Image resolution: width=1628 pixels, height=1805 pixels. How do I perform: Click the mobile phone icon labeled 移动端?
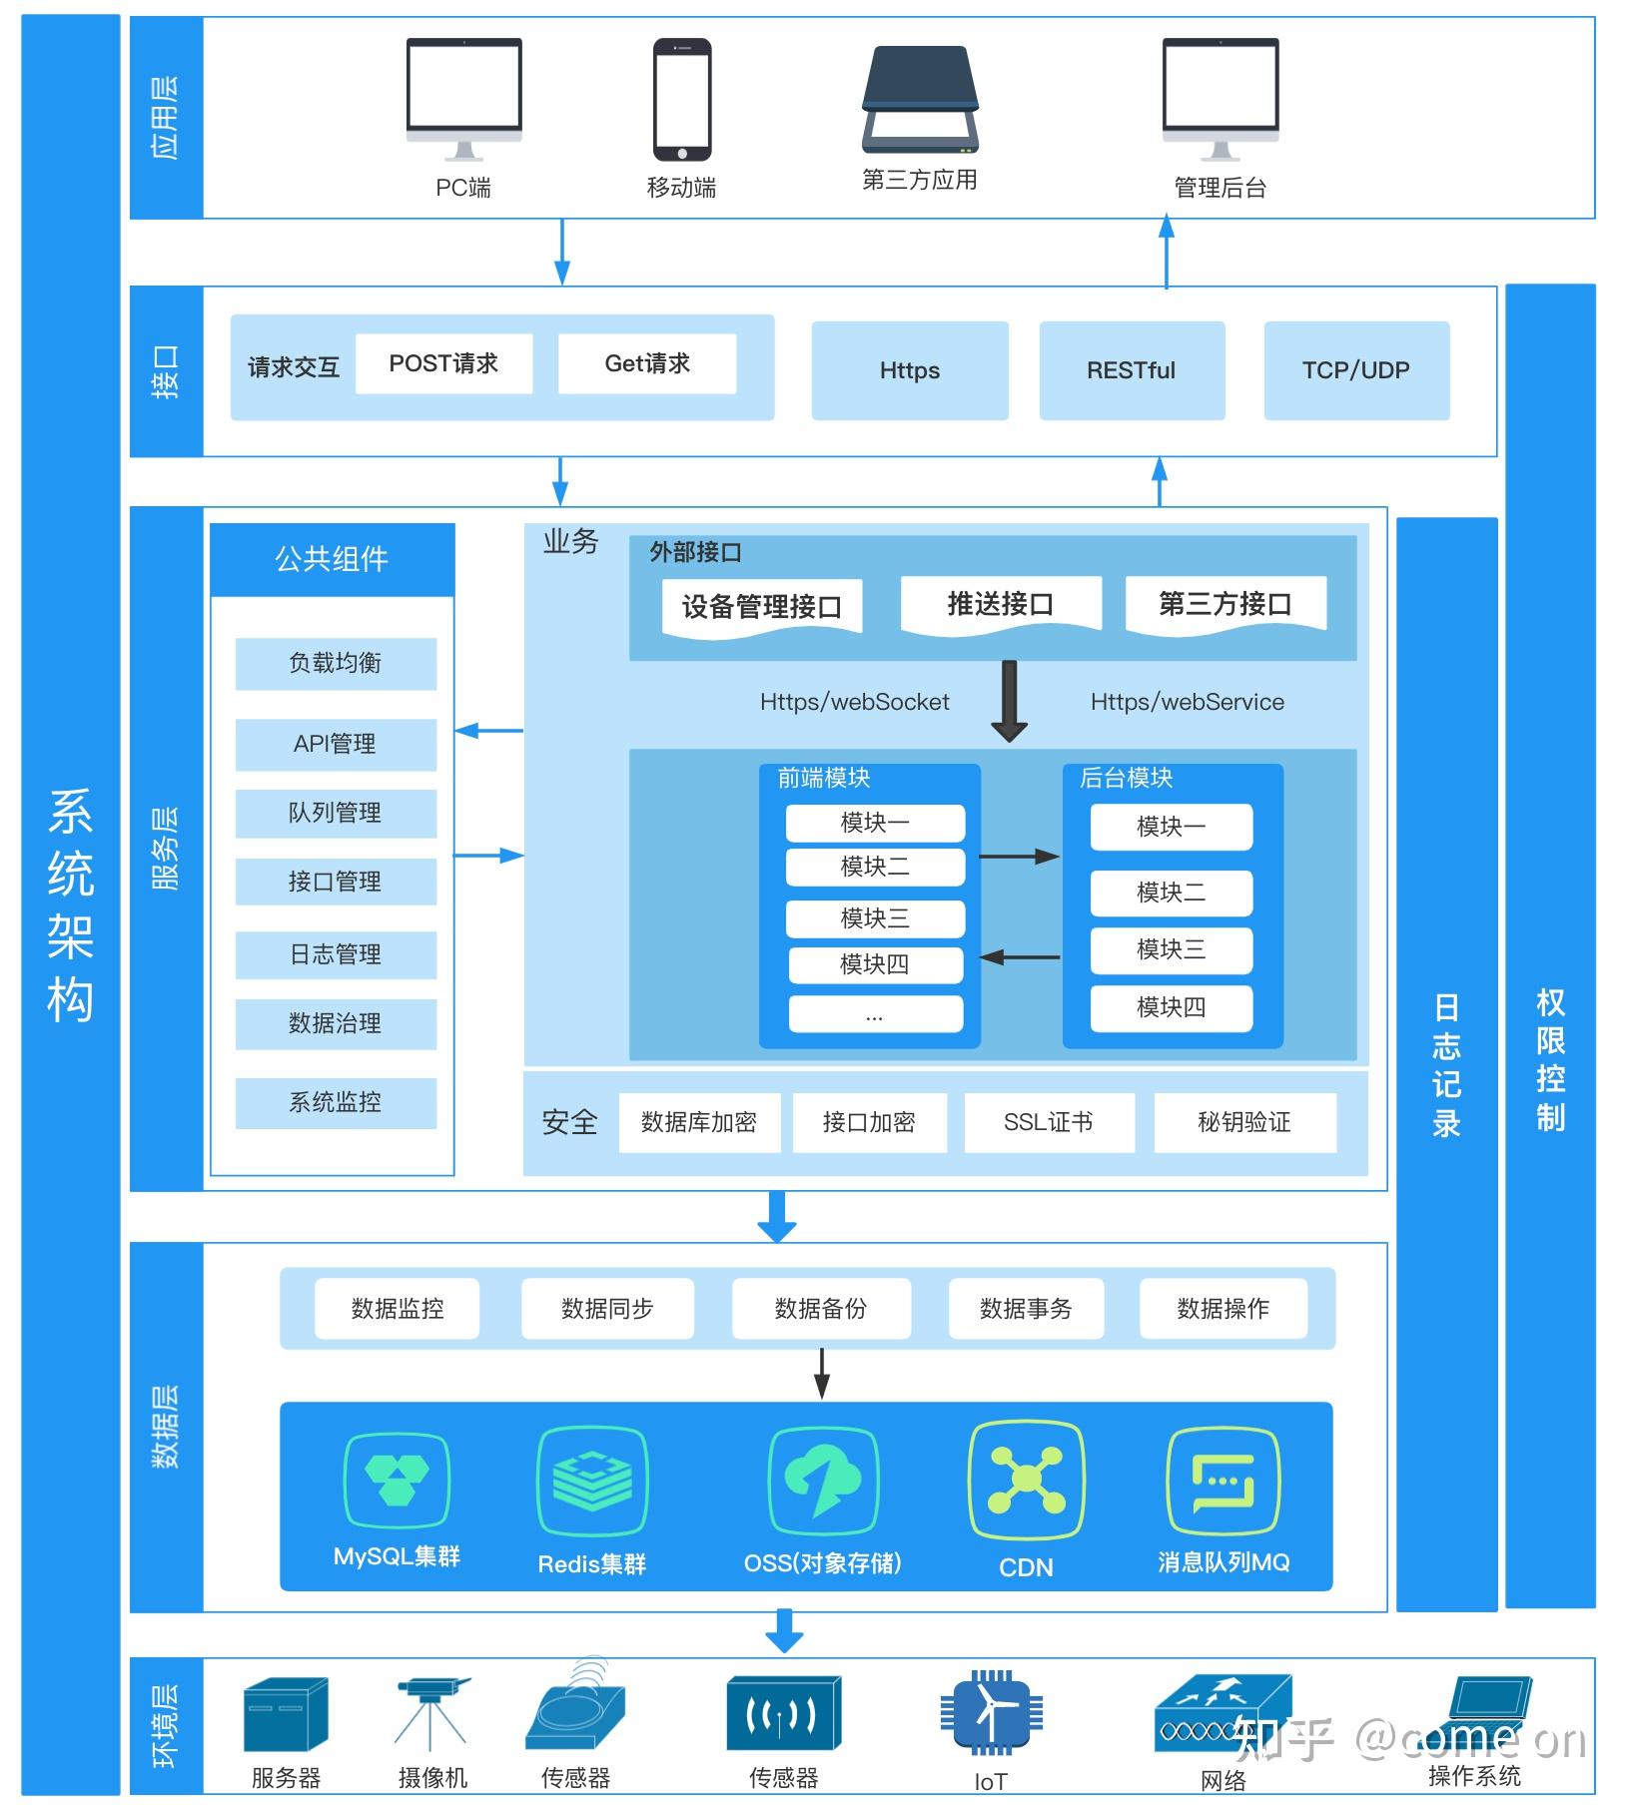pyautogui.click(x=682, y=100)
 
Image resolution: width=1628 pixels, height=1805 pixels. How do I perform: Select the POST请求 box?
pyautogui.click(x=443, y=363)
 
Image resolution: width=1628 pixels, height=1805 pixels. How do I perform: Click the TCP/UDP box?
pyautogui.click(x=1355, y=370)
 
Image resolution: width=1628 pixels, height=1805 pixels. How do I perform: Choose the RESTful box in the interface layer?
pyautogui.click(x=1131, y=370)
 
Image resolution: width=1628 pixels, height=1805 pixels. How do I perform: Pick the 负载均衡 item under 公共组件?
pyautogui.click(x=336, y=663)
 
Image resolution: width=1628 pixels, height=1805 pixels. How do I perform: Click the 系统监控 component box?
pyautogui.click(x=336, y=1102)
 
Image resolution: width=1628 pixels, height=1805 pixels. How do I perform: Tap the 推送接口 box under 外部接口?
pyautogui.click(x=1000, y=604)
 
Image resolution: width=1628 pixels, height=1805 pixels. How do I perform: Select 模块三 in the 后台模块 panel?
pyautogui.click(x=1171, y=949)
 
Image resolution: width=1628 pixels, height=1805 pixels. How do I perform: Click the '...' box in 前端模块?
pyautogui.click(x=875, y=1015)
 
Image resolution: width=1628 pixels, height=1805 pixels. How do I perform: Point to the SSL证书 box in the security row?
pyautogui.click(x=1048, y=1122)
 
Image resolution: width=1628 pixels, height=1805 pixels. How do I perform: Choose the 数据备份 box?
pyautogui.click(x=821, y=1308)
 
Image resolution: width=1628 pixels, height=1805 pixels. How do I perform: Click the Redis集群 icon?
pyautogui.click(x=592, y=1482)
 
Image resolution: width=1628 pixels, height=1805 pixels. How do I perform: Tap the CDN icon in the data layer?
pyautogui.click(x=1026, y=1482)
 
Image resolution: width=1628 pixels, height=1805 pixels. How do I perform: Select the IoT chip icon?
pyautogui.click(x=990, y=1713)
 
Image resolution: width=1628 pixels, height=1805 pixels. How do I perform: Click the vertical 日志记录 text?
pyautogui.click(x=1446, y=1065)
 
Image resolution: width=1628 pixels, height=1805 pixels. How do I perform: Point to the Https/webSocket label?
pyautogui.click(x=854, y=702)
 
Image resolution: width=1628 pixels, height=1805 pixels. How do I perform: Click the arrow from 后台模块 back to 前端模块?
pyautogui.click(x=1020, y=957)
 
